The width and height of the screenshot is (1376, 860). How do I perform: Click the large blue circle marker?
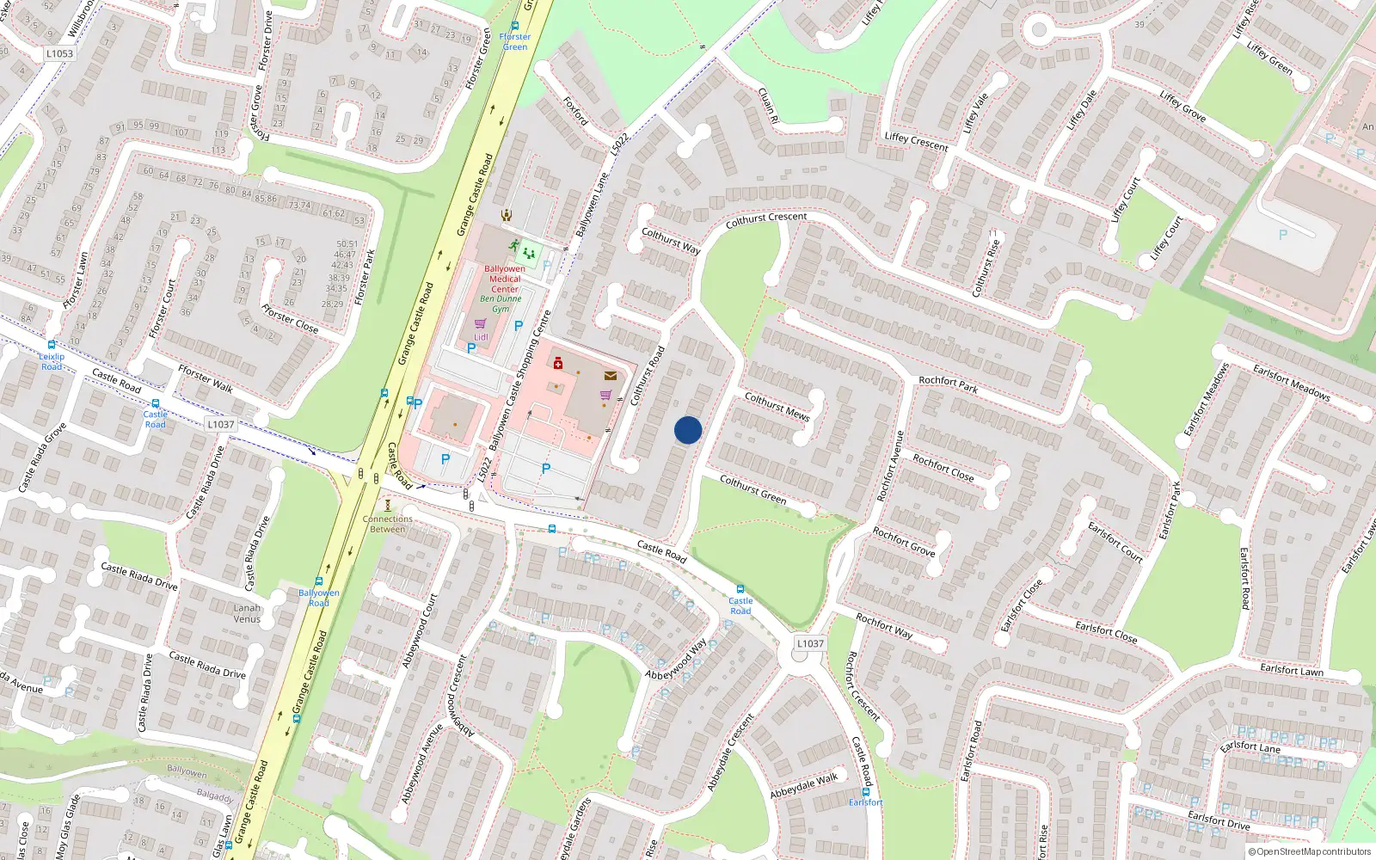(688, 430)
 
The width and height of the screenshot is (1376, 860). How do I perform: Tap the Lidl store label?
(481, 337)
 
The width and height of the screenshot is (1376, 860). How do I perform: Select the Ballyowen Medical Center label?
(505, 279)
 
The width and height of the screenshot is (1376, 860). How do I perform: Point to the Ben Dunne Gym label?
(501, 304)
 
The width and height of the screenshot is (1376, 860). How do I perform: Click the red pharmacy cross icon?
(558, 363)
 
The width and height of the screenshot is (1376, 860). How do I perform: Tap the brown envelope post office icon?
(610, 376)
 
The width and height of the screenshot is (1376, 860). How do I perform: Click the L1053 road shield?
(59, 53)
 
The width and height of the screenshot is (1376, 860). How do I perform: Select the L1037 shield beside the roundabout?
(810, 643)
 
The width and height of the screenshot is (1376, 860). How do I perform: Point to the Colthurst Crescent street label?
(766, 220)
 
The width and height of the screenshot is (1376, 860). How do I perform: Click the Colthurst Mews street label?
(777, 406)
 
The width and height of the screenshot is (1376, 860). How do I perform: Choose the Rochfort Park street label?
(948, 384)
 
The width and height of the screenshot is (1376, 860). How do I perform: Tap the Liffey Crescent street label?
(916, 142)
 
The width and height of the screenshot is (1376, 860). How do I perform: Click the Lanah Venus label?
(247, 613)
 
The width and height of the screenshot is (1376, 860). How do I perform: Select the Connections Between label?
(388, 524)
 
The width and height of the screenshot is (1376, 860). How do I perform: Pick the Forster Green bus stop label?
(515, 41)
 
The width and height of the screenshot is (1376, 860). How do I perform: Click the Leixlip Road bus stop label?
(52, 361)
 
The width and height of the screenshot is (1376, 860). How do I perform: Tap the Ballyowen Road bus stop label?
(319, 598)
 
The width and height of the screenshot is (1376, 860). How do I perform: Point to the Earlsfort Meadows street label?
(1291, 383)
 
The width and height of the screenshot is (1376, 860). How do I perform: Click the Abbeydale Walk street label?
(803, 785)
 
